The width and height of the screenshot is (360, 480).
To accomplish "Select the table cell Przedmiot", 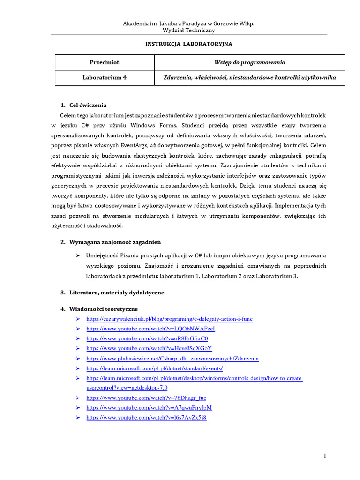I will coord(105,62).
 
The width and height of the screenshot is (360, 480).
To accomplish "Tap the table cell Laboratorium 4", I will coord(105,78).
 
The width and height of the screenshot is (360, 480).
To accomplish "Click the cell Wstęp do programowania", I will coord(249,62).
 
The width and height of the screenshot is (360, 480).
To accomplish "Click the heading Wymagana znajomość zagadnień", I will coord(115,242).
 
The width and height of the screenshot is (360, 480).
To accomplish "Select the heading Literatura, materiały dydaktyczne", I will coord(117,292).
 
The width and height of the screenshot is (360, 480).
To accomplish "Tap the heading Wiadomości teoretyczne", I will coord(104,309).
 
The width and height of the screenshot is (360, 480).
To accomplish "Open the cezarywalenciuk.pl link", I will coord(169,319).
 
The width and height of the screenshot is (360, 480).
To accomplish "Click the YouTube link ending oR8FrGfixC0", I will coord(147,338).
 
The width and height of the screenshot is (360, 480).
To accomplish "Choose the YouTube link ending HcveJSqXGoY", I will coord(149,348).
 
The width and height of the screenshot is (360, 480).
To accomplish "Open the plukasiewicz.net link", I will coord(172,359).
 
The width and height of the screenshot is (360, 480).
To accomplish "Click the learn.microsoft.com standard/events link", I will coord(155,368).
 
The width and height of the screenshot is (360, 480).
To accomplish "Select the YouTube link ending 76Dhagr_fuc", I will coord(146,398).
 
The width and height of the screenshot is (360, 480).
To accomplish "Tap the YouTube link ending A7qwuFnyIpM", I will coord(149,408).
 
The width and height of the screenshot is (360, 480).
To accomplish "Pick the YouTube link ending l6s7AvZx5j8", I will coord(146,418).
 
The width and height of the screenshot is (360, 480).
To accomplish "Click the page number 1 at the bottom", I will coord(325,456).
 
